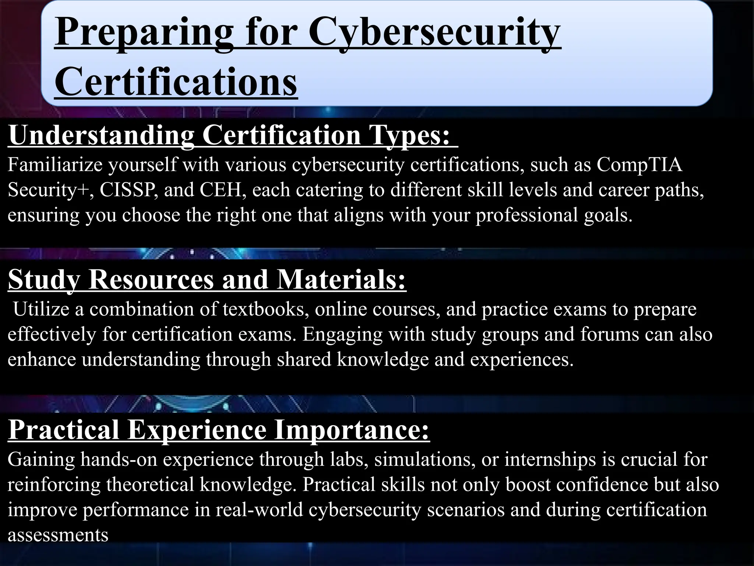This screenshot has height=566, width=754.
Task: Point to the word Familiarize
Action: pos(55,164)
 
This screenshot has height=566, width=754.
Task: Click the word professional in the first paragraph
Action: pos(527,215)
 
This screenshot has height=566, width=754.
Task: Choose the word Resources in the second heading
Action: pos(151,279)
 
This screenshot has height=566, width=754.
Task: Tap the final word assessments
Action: pos(58,535)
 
